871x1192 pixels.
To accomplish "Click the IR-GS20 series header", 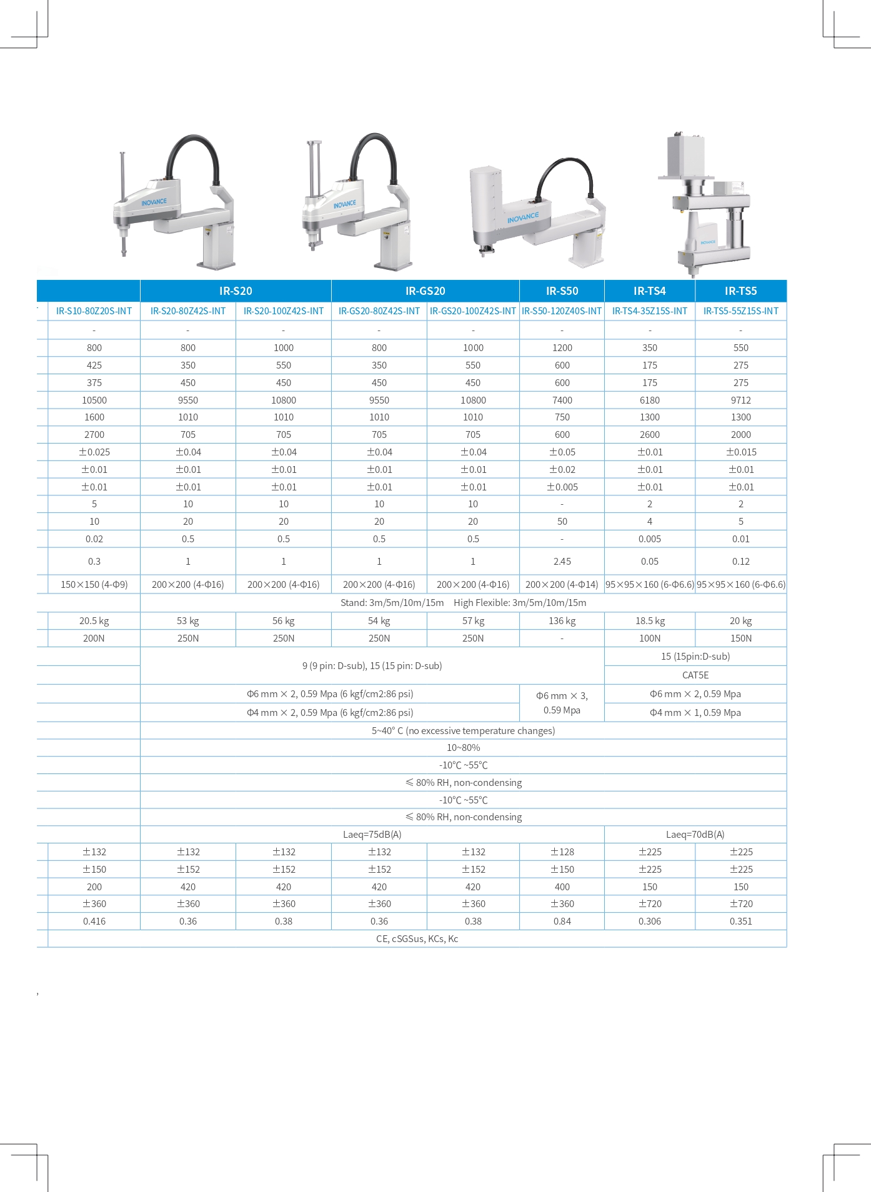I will click(x=425, y=291).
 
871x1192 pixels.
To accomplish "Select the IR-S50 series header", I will click(x=562, y=291).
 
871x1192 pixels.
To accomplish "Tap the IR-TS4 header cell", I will click(x=649, y=291).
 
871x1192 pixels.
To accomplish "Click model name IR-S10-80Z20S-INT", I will click(x=94, y=311).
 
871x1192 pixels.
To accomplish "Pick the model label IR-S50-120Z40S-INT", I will click(x=562, y=311).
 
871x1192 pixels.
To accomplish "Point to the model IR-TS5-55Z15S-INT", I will click(x=740, y=311).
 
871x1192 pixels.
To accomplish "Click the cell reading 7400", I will click(x=562, y=400).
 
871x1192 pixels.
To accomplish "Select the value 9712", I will click(x=740, y=400).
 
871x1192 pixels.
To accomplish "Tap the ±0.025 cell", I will click(x=94, y=452).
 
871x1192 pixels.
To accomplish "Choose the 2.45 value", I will click(x=562, y=562).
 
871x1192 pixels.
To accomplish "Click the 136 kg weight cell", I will click(x=562, y=621).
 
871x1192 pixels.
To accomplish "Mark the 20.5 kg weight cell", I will click(x=94, y=621).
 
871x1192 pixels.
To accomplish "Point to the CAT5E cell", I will click(x=695, y=675).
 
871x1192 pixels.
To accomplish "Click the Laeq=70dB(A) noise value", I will click(x=695, y=835).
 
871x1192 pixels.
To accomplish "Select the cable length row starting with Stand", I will click(x=463, y=603).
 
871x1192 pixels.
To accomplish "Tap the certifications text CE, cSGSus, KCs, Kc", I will click(x=417, y=939).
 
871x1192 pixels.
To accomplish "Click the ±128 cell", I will click(x=562, y=852).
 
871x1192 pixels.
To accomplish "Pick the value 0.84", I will click(x=562, y=921).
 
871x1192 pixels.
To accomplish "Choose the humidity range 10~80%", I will click(x=463, y=748).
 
